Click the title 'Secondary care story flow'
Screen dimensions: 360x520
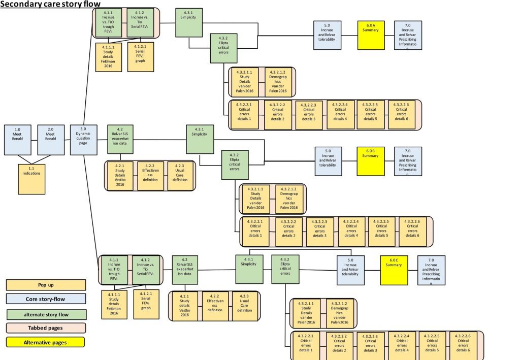(x=46, y=4)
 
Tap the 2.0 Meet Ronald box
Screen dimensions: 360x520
(x=51, y=139)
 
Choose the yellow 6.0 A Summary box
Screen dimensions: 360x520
(x=370, y=35)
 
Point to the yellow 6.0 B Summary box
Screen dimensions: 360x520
(x=370, y=161)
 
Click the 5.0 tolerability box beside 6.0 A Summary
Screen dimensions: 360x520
(x=327, y=35)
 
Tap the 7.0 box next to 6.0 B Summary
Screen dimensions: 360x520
(x=407, y=161)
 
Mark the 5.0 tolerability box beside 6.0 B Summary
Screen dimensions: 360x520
(x=327, y=161)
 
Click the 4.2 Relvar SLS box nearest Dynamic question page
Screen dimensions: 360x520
(x=120, y=139)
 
